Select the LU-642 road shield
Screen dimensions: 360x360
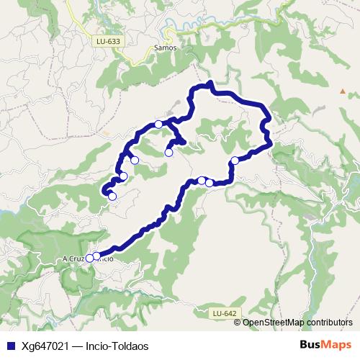point(225,313)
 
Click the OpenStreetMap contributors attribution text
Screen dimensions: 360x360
point(297,322)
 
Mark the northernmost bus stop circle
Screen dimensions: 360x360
point(158,124)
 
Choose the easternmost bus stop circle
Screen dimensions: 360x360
point(235,161)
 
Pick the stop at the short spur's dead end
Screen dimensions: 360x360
point(169,152)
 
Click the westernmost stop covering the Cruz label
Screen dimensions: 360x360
point(90,258)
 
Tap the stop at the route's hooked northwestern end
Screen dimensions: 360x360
point(112,196)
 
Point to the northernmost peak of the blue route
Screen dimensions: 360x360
point(210,84)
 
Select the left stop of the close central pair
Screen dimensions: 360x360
point(202,180)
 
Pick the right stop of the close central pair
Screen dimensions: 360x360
point(210,183)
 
